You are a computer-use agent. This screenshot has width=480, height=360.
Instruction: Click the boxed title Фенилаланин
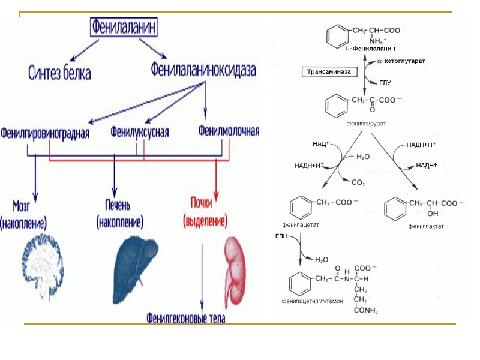pos(126,27)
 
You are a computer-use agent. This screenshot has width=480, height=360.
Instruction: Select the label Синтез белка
pos(60,73)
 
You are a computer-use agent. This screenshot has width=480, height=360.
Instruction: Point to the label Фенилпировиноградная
pos(45,132)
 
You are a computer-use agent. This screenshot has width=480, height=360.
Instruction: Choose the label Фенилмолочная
pos(229,131)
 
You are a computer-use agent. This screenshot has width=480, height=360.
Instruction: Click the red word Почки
pos(204,203)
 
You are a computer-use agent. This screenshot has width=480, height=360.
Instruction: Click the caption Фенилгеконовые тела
pos(186,318)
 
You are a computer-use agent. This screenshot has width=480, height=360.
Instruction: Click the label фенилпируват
pos(365,123)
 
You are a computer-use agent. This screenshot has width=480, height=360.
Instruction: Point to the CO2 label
pos(358,182)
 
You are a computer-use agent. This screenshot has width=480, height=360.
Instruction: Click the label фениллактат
pos(426,226)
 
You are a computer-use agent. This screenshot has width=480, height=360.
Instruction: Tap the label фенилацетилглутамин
pos(312,301)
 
